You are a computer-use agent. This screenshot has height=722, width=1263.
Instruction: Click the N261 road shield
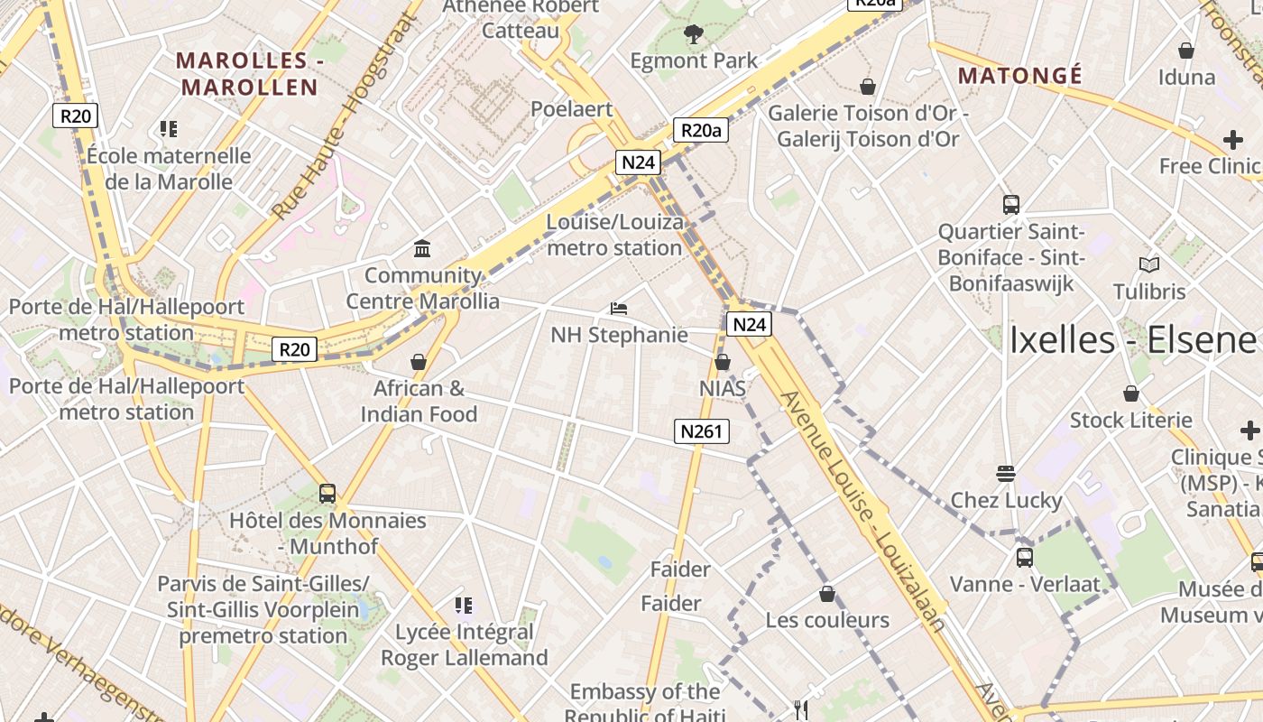tap(701, 431)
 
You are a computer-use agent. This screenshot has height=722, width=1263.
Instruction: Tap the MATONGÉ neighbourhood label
tap(1019, 75)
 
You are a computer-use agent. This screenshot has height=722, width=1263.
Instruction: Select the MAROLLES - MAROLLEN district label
tap(248, 74)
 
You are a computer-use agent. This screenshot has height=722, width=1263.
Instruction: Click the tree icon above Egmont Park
tap(693, 35)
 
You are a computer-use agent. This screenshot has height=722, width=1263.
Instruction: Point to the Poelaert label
tap(571, 109)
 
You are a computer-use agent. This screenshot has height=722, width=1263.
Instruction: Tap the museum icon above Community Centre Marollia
tap(421, 248)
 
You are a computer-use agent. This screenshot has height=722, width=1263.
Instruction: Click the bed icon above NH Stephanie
tap(618, 309)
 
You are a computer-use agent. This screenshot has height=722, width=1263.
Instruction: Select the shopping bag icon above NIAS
tap(722, 362)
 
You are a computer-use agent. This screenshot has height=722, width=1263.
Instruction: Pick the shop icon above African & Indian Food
tap(418, 362)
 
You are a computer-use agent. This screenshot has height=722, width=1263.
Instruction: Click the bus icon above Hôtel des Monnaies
tap(327, 494)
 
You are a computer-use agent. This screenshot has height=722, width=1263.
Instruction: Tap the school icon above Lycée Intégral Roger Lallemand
tap(463, 606)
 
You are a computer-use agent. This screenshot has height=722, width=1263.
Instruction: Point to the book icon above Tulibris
tap(1148, 265)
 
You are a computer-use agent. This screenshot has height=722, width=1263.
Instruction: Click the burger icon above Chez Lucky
tap(1006, 473)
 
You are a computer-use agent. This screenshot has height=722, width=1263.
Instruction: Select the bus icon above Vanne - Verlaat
tap(1024, 557)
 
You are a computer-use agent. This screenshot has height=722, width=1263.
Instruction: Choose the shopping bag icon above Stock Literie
tap(1130, 393)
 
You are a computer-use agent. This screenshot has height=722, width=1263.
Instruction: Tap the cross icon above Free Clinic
tap(1232, 140)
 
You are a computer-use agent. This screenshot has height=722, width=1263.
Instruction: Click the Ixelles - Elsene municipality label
tap(1132, 340)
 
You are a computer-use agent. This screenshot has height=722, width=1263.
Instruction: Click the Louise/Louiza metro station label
tap(614, 235)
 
